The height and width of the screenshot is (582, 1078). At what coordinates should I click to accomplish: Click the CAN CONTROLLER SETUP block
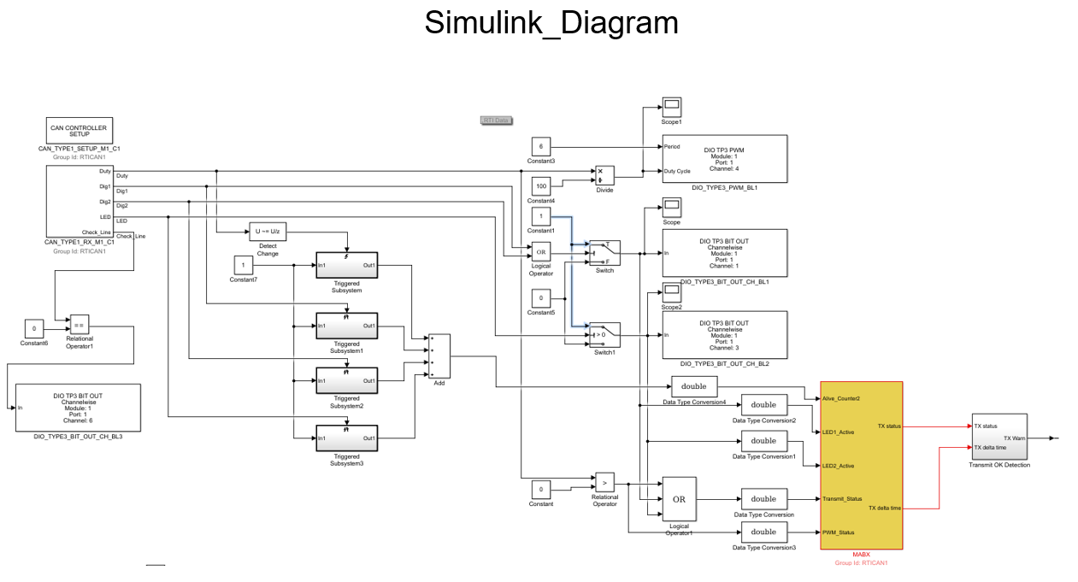point(79,131)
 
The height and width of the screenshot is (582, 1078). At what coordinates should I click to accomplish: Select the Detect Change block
point(268,232)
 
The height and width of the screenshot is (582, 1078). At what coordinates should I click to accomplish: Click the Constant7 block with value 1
point(243,265)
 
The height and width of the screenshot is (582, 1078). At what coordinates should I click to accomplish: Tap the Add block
point(439,356)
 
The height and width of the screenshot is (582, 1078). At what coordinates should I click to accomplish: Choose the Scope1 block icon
point(672,107)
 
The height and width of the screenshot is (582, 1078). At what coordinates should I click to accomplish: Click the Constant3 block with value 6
point(541,146)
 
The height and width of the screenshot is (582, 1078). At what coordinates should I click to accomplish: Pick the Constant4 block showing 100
point(541,185)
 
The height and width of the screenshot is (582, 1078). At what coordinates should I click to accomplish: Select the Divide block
point(604,175)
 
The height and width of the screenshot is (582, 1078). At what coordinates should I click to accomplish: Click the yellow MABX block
point(861,465)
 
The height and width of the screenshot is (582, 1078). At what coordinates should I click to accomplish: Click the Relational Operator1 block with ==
point(80,325)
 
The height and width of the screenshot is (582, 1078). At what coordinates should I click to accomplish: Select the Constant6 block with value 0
point(34,328)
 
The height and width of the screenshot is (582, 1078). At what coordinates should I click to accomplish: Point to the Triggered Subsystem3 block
point(346,438)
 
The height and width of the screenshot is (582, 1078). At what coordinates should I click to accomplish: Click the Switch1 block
point(604,334)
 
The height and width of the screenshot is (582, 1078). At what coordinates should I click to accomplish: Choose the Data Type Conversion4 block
point(694,386)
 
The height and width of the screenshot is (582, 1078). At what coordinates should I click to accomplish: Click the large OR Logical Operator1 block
point(679,499)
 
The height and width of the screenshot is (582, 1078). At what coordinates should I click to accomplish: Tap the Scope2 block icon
point(672,292)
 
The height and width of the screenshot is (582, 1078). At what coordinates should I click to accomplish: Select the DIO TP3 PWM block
point(724,158)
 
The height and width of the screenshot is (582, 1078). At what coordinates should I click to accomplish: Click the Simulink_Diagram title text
point(551,23)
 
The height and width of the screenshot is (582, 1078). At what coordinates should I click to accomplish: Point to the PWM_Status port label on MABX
point(839,532)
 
